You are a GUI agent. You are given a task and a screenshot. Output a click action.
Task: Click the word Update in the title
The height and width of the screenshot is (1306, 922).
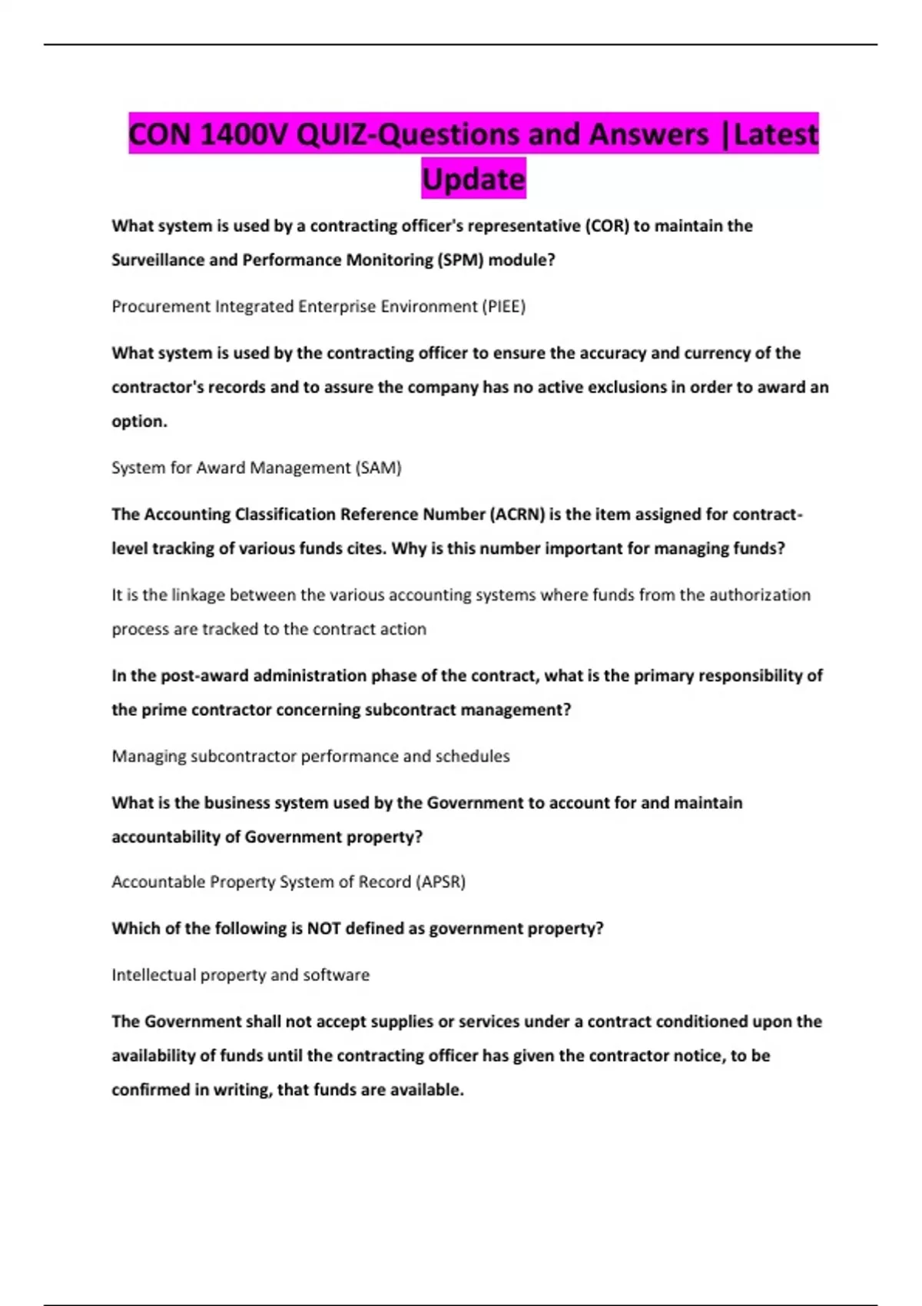[x=473, y=179]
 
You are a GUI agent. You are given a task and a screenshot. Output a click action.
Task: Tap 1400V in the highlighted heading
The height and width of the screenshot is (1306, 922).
[x=244, y=134]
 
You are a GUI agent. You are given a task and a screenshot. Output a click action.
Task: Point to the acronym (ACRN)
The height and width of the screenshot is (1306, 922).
[x=517, y=514]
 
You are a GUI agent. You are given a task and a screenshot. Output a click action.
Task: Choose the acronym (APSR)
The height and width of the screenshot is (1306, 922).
[x=440, y=882]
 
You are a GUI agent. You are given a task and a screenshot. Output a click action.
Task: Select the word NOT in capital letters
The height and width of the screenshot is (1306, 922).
[x=324, y=928]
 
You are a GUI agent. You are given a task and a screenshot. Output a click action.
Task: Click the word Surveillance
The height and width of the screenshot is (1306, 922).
[x=158, y=260]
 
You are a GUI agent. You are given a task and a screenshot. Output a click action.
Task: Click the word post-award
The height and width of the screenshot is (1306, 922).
[x=204, y=675]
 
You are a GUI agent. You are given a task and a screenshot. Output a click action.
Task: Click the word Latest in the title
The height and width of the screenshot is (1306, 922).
[x=776, y=134]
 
